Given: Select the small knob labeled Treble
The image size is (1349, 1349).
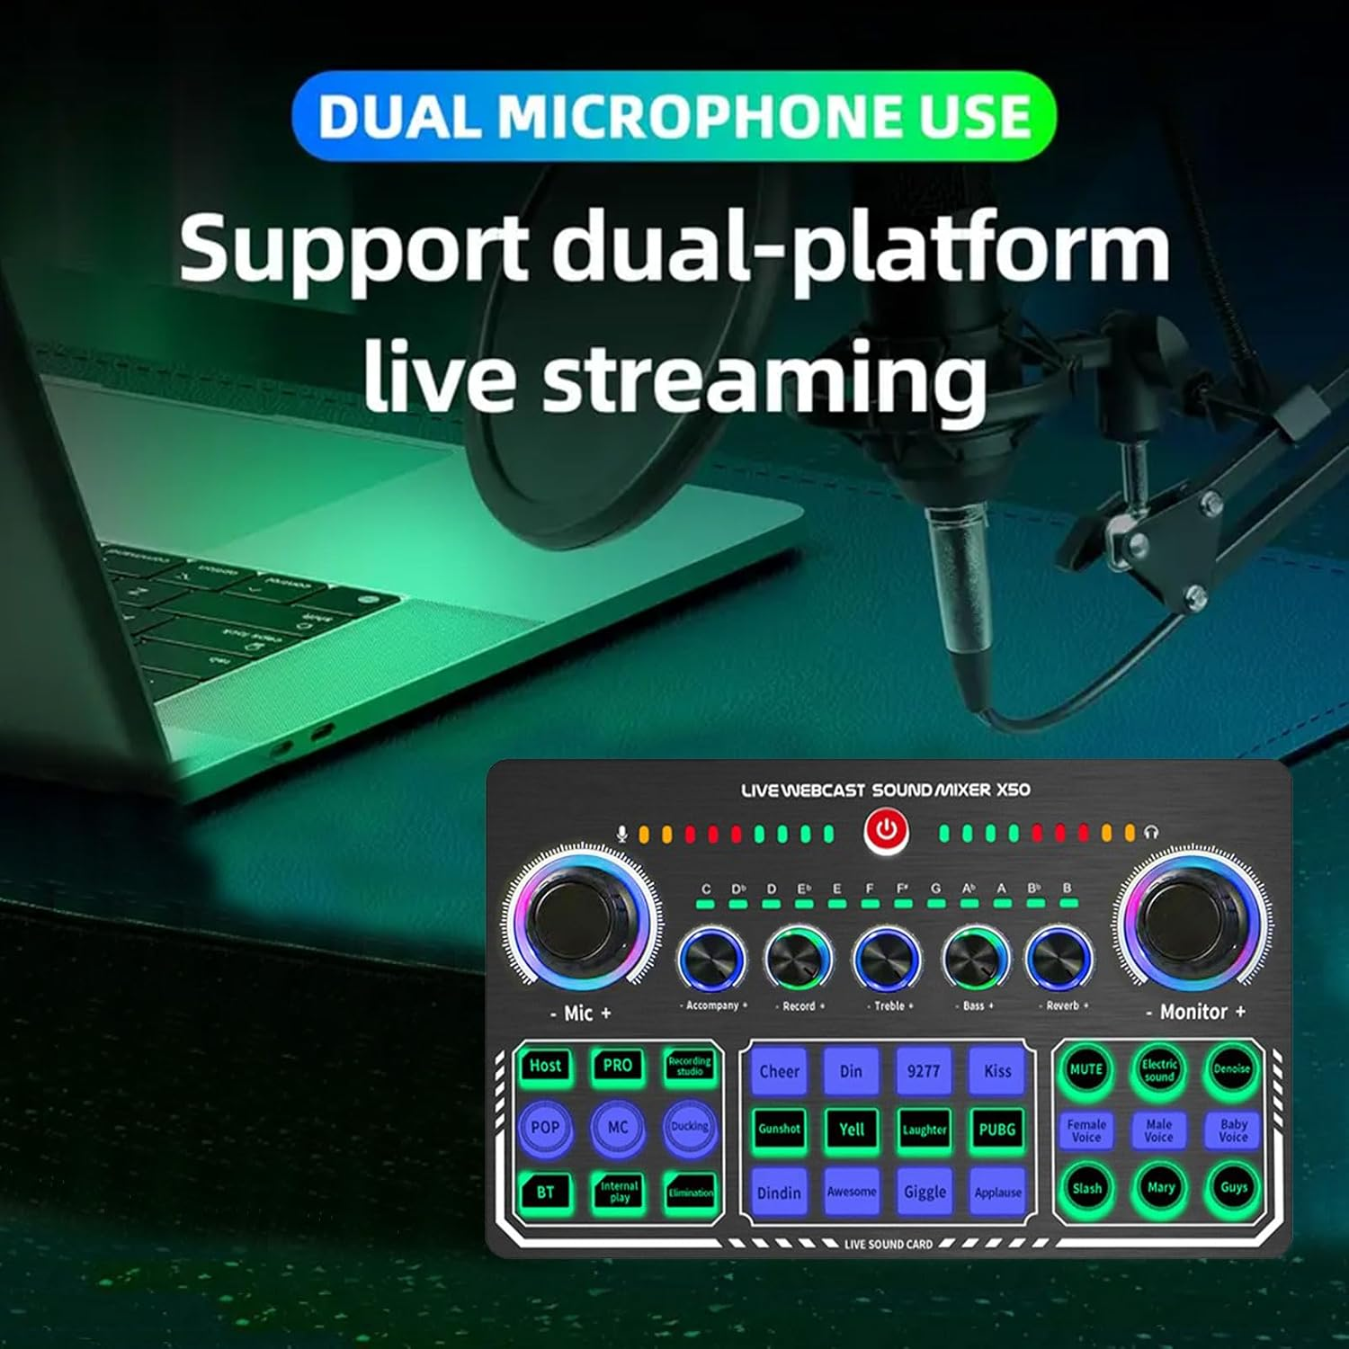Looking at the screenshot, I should tap(887, 959).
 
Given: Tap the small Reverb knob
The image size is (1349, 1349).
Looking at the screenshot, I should tap(1059, 959).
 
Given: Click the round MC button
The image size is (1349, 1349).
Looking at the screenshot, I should tap(618, 1127).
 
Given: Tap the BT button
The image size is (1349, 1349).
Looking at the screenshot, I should tap(545, 1192).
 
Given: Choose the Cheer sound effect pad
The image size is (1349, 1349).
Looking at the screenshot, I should tap(779, 1071).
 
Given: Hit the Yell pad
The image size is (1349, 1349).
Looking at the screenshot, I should tap(852, 1130).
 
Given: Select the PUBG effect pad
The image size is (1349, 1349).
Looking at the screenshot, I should tap(997, 1130).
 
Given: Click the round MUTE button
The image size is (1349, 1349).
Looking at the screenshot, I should tap(1085, 1069).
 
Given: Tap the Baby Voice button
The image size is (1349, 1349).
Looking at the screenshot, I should tap(1233, 1130).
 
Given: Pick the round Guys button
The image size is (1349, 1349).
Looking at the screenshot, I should tap(1233, 1187).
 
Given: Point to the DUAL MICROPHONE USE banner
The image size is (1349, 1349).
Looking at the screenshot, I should tap(674, 116).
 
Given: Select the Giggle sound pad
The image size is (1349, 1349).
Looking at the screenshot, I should tap(925, 1192).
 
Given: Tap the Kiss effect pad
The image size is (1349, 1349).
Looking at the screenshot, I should tap(997, 1071).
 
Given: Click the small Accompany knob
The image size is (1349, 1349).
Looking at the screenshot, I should tap(712, 959).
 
